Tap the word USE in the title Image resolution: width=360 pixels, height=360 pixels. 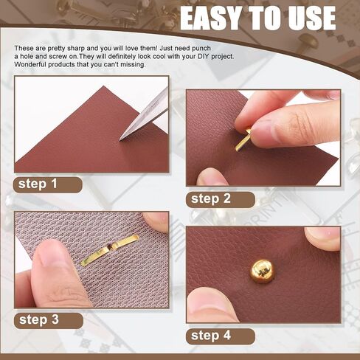click(x=311, y=18)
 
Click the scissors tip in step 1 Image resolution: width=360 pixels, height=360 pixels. click(x=120, y=140)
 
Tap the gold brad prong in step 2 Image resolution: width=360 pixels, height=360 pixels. click(x=242, y=142)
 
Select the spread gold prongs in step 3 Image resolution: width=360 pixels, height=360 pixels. click(x=109, y=250)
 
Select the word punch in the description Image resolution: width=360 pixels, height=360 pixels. click(x=201, y=49)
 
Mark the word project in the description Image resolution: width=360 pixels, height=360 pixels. click(x=222, y=57)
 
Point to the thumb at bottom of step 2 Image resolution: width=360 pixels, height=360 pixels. click(x=212, y=177)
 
